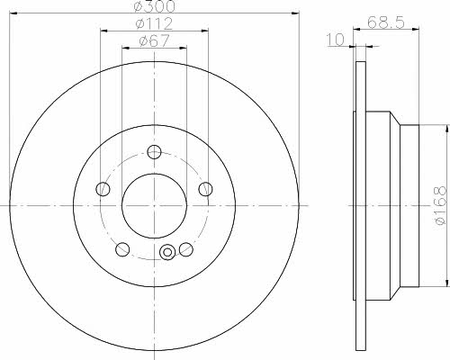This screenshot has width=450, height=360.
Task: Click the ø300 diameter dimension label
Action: point(155,6)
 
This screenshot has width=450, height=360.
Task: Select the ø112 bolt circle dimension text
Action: point(154,24)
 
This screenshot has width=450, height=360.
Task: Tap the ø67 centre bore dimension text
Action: point(154,41)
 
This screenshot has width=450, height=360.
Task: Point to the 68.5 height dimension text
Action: point(386,22)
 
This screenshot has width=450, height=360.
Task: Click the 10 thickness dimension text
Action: point(336,40)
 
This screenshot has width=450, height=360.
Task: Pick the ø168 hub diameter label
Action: point(440,205)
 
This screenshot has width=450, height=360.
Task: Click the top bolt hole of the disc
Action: point(154,152)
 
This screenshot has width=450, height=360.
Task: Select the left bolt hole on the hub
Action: point(103,189)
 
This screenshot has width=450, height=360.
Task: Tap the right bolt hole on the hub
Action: point(206,189)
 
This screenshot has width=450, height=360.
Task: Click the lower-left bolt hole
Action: point(122,249)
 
